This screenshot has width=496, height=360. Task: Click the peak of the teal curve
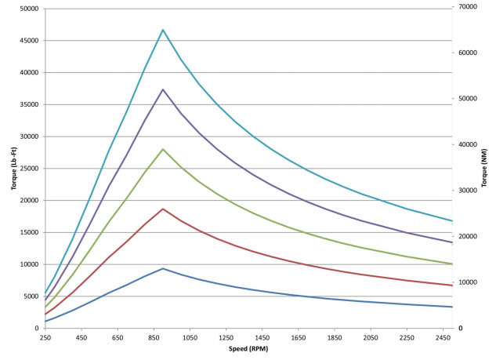pos(163,30)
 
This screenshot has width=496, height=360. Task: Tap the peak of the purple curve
pos(163,89)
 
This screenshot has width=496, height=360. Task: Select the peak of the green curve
pos(163,149)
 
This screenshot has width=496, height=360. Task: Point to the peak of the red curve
pos(163,209)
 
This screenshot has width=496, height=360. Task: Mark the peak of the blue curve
pos(163,268)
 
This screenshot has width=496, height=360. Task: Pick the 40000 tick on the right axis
pos(469,144)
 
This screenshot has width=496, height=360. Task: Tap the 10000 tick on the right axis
pos(469,282)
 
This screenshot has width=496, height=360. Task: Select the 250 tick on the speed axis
pos(45,338)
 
